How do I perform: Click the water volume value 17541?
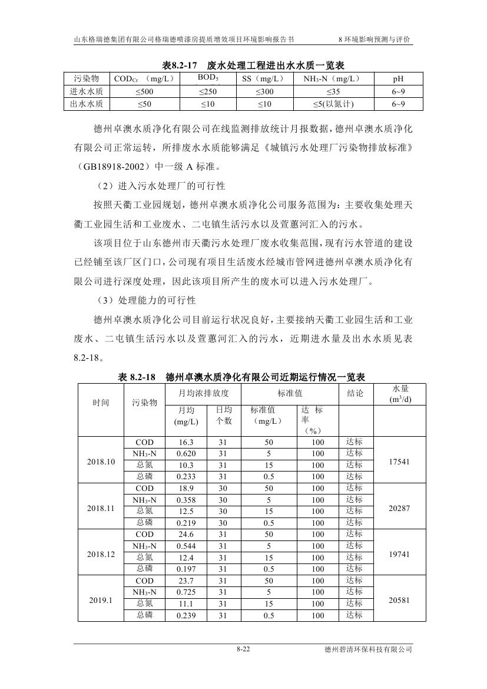(399, 462)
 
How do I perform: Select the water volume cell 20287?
(399, 508)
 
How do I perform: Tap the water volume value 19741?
(399, 555)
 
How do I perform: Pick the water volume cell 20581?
(399, 601)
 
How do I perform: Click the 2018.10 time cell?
(101, 461)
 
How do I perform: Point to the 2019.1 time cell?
(101, 601)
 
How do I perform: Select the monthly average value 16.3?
(186, 442)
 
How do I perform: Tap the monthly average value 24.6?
(186, 535)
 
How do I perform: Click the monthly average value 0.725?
(186, 592)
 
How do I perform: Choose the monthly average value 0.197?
(186, 569)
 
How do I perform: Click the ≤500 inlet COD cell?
(144, 91)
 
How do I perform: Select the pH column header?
(399, 79)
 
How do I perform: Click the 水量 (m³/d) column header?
(399, 394)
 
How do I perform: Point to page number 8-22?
(243, 650)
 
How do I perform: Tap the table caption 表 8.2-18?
(140, 377)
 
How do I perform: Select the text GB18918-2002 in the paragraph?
(115, 166)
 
